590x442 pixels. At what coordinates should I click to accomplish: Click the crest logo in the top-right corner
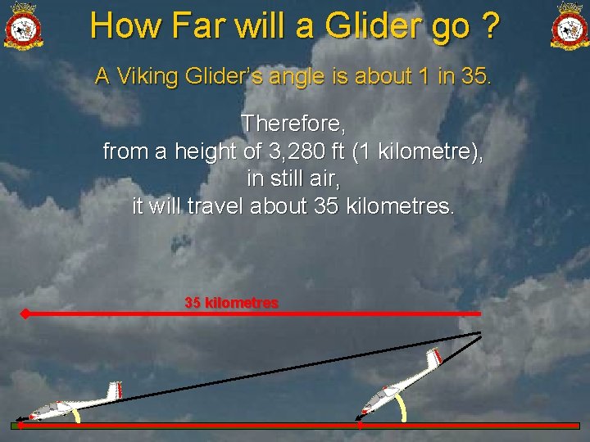[570, 25]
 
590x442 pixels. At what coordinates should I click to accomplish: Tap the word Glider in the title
[374, 25]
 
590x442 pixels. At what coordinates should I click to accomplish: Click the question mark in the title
[490, 25]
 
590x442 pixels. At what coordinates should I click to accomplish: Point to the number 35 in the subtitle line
[474, 77]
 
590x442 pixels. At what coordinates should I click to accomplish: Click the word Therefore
[293, 124]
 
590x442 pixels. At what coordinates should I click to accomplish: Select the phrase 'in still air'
[293, 178]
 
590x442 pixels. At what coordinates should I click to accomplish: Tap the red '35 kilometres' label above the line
[232, 303]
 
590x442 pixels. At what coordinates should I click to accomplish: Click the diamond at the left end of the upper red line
[25, 313]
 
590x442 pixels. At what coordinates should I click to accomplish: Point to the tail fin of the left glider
[119, 390]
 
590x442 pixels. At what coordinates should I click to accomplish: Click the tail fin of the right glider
[433, 357]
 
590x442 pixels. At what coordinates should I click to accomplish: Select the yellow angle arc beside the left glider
[76, 416]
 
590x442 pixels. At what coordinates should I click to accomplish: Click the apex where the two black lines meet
[481, 333]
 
